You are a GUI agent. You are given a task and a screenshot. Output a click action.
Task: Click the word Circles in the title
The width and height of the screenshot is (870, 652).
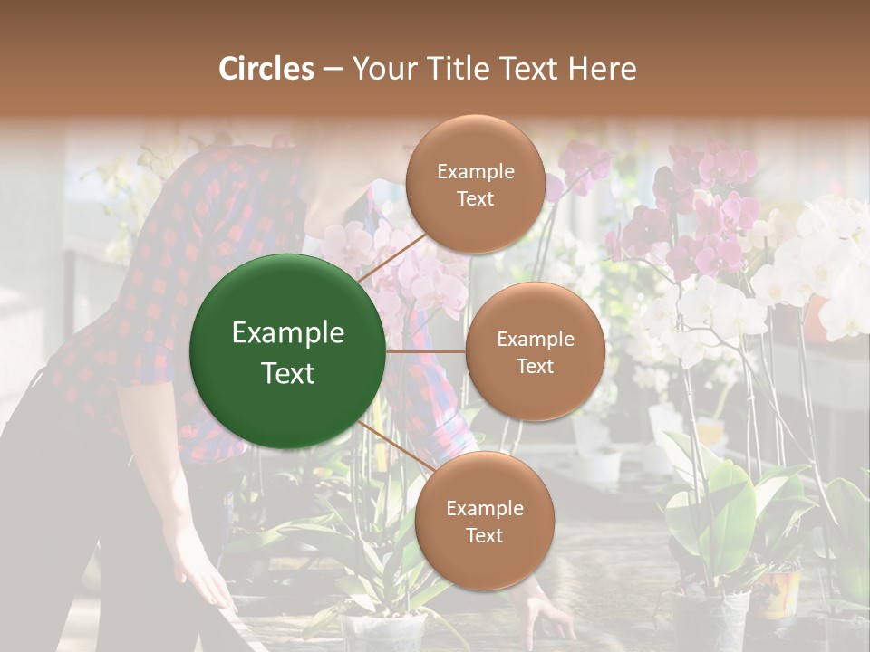pyautogui.click(x=266, y=69)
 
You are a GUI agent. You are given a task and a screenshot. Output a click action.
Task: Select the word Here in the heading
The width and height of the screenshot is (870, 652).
pyautogui.click(x=602, y=69)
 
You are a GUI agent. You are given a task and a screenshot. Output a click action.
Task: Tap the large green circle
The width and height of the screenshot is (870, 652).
pyautogui.click(x=287, y=351)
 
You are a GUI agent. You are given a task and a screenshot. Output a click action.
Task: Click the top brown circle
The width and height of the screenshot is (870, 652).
pyautogui.click(x=475, y=184)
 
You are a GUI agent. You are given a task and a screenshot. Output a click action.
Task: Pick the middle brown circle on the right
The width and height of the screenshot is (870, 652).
pyautogui.click(x=535, y=351)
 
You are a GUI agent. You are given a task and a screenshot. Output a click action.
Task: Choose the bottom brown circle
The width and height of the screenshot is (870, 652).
pyautogui.click(x=484, y=521)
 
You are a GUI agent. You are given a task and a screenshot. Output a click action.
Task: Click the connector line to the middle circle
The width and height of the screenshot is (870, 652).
pyautogui.click(x=425, y=351)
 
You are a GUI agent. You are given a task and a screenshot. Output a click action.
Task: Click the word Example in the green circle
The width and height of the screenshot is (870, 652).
pyautogui.click(x=287, y=333)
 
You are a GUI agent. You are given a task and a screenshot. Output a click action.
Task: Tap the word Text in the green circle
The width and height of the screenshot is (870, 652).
pyautogui.click(x=287, y=373)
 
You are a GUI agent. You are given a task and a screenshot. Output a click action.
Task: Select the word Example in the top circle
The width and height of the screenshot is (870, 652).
pyautogui.click(x=475, y=171)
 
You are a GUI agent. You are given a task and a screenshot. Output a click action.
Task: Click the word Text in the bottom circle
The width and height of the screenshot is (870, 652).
pyautogui.click(x=484, y=535)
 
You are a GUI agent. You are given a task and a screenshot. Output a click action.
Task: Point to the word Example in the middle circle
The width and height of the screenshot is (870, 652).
pyautogui.click(x=535, y=340)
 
